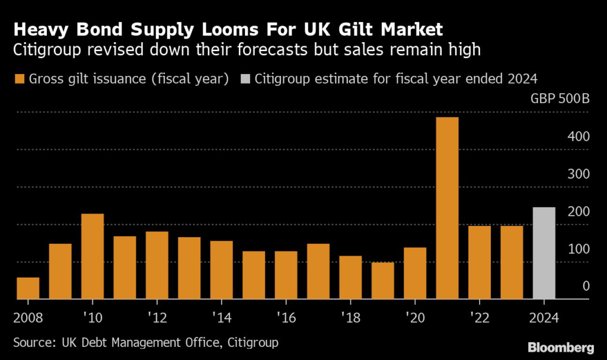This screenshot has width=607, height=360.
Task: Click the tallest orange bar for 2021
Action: tap(447, 208)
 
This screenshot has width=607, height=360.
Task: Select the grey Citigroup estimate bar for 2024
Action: tap(544, 253)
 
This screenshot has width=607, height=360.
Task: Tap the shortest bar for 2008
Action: tap(28, 288)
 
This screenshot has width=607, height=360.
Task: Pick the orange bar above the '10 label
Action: tap(92, 256)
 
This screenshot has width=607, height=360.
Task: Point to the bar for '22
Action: tap(480, 262)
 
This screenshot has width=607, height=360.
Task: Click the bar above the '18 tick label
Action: tap(350, 278)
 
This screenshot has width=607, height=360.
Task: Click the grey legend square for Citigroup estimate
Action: tap(246, 79)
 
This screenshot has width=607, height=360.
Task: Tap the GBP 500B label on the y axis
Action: tap(560, 98)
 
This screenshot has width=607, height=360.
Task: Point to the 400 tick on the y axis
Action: tap(579, 136)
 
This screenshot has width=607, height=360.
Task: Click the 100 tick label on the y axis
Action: tap(579, 249)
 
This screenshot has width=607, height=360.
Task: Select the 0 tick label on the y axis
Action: tap(586, 286)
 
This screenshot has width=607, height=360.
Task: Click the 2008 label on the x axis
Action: tap(27, 317)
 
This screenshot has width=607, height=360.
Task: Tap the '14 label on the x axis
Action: tap(222, 317)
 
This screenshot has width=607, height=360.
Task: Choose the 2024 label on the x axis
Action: tap(544, 317)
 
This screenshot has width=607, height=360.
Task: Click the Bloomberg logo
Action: tap(560, 346)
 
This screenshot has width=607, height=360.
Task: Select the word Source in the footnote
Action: tap(31, 342)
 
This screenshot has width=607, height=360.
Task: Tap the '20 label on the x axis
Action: tap(415, 317)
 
